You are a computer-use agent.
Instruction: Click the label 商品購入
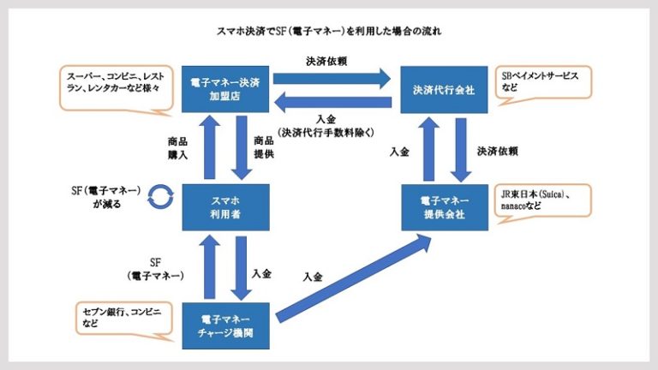pos(178,148)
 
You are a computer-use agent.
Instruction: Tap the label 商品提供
pos(263,147)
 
